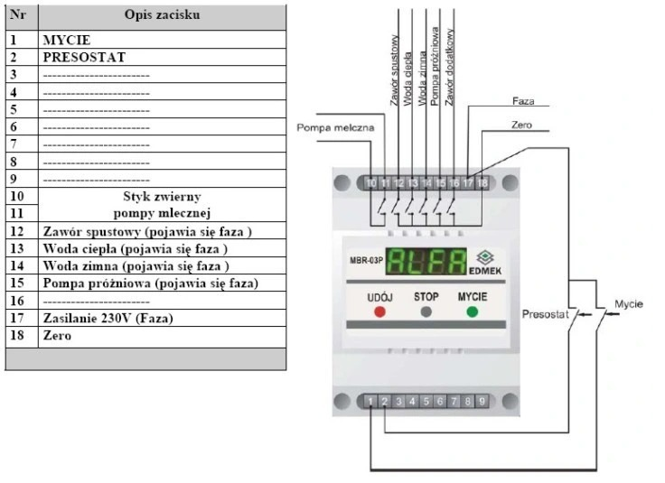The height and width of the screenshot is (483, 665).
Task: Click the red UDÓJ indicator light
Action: click(379, 312)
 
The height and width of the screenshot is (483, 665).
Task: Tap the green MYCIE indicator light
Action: click(472, 312)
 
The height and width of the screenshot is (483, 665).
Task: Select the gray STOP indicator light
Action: click(426, 312)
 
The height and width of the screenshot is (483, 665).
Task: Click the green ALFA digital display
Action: click(426, 262)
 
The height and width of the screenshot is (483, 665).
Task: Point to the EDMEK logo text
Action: click(485, 271)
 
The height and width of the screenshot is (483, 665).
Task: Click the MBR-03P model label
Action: click(366, 261)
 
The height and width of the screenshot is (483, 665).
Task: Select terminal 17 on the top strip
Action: click(468, 183)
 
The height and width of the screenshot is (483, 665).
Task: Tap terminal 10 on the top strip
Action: click(371, 183)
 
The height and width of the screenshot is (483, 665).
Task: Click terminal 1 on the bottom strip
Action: click(370, 401)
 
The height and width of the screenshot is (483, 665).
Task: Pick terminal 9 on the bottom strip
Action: click(482, 401)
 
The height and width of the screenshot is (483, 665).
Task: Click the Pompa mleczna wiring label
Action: click(335, 127)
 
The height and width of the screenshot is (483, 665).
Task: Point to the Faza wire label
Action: click(523, 101)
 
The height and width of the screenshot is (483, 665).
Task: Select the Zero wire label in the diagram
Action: click(521, 125)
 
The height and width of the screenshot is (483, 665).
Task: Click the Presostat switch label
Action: click(545, 314)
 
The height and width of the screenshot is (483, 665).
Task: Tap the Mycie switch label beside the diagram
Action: click(629, 303)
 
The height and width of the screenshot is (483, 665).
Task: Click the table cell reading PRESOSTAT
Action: click(84, 57)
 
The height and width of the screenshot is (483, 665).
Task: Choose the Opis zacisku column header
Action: click(162, 14)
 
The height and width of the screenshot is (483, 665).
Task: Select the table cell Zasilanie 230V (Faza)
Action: click(108, 318)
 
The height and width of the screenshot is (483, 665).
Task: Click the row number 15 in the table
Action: click(17, 283)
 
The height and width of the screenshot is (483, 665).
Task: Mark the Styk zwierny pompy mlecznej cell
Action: click(162, 205)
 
